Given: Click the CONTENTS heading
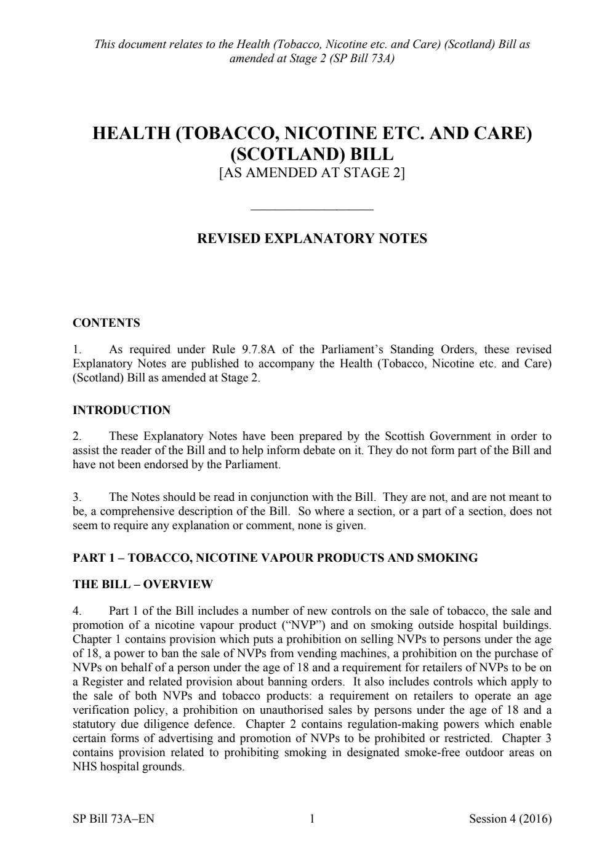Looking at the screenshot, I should click(x=106, y=323).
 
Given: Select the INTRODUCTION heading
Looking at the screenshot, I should click(x=121, y=410).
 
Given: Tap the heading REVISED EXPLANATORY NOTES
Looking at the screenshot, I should click(x=311, y=239).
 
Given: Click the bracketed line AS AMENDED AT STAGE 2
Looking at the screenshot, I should click(x=311, y=173).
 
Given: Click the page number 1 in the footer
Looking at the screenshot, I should click(x=312, y=818).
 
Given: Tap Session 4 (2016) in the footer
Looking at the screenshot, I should click(x=510, y=818).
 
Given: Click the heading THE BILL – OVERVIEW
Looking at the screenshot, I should click(x=143, y=585).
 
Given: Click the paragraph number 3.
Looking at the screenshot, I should click(x=77, y=497).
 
